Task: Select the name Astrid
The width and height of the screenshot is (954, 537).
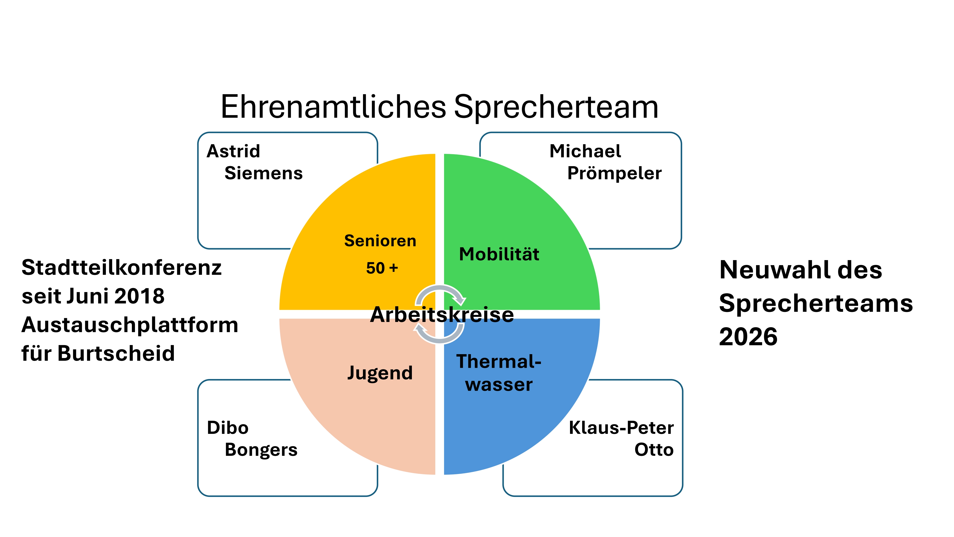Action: (x=233, y=151)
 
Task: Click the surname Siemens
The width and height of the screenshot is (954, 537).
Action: (x=264, y=173)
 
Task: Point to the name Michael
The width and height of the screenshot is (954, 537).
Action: (x=585, y=151)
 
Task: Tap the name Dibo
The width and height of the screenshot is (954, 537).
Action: (x=228, y=428)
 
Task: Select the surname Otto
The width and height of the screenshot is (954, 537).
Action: (x=654, y=450)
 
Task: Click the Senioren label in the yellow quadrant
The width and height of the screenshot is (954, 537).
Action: (x=380, y=241)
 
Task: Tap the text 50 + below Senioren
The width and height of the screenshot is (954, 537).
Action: (x=382, y=268)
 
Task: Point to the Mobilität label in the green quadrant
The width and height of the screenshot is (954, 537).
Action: (x=499, y=254)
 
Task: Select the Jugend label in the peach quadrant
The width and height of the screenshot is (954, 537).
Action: (x=380, y=373)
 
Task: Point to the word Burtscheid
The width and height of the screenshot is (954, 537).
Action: (x=116, y=353)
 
